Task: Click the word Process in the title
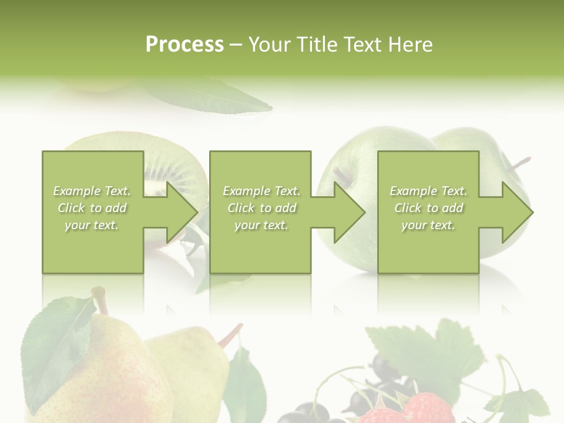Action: tap(184, 45)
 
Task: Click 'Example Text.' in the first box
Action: tap(92, 191)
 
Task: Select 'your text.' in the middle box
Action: tap(261, 225)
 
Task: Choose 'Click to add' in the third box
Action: tap(429, 208)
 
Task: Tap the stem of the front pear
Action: tap(100, 300)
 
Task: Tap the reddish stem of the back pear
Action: tap(231, 334)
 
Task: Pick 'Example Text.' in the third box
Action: tap(428, 191)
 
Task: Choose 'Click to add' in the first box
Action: tap(92, 208)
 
